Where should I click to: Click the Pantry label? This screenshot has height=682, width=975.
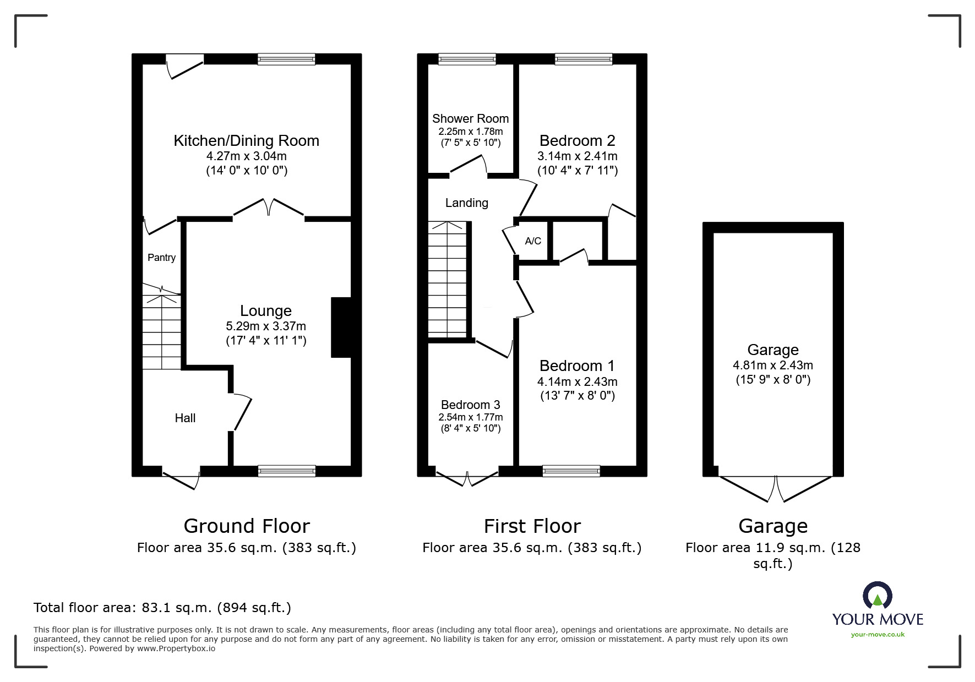[x=161, y=258]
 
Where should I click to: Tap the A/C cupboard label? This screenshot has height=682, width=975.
[x=533, y=241]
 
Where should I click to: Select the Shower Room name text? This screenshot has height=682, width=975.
[x=470, y=118]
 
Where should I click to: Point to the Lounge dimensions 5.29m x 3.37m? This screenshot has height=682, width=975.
[x=266, y=326]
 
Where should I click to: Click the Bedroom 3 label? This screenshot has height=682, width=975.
[x=470, y=405]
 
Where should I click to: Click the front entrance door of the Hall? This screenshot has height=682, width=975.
[x=181, y=477]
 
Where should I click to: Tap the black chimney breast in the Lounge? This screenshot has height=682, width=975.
[x=341, y=328]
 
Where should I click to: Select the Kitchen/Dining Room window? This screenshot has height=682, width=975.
[x=286, y=59]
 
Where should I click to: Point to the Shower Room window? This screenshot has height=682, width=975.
[x=467, y=59]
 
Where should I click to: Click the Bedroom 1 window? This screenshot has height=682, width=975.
[x=571, y=471]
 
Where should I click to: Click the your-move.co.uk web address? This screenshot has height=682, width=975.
[x=878, y=635]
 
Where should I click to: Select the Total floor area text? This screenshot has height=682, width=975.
[x=162, y=608]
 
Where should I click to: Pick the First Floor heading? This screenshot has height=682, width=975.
[x=532, y=526]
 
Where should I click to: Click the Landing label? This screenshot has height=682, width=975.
[x=467, y=203]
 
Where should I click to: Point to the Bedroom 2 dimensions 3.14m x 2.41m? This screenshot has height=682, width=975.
[x=578, y=156]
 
